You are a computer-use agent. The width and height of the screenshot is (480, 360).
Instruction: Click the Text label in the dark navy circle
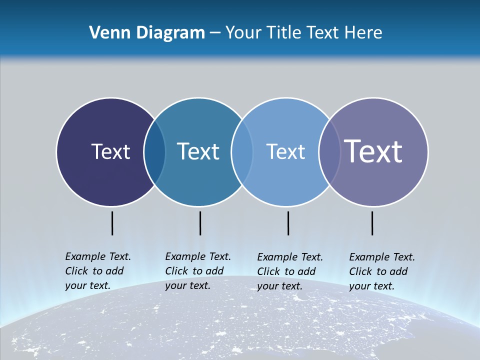tap(110, 151)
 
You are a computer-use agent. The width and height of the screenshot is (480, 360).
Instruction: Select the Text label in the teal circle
tap(198, 151)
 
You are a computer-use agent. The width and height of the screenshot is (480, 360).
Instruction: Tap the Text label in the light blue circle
tap(285, 151)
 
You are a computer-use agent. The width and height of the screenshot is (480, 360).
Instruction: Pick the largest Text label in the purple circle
tap(373, 151)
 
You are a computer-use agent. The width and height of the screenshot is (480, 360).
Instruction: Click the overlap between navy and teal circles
tap(154, 152)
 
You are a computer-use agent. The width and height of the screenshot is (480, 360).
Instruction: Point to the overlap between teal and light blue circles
tap(242, 152)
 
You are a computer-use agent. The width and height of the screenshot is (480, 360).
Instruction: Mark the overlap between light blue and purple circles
tap(329, 152)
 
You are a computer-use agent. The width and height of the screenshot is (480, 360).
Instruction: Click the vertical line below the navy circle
tap(112, 223)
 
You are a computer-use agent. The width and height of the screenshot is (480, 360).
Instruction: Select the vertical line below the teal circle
tap(200, 223)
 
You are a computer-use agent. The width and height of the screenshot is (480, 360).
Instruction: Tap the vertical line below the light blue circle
tap(288, 223)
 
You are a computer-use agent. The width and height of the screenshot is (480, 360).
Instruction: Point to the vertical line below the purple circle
tap(372, 223)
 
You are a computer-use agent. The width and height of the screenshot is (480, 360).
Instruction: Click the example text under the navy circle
tap(98, 271)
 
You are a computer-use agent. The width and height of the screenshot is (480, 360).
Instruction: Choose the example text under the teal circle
tap(198, 271)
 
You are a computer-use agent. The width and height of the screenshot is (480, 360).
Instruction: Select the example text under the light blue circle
tap(290, 271)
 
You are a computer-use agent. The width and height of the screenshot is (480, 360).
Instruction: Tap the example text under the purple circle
tap(382, 271)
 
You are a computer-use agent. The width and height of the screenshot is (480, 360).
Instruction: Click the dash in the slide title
tap(215, 33)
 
